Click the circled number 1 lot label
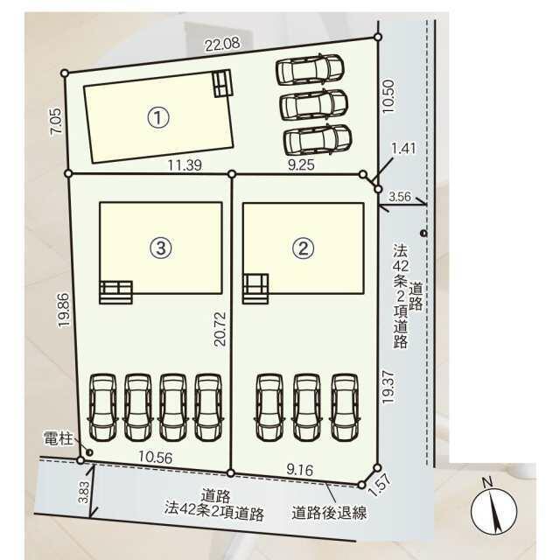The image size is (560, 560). (158, 117)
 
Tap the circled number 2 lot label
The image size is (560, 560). (304, 247)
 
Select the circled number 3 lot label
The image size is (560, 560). (161, 247)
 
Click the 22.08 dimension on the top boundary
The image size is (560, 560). (222, 45)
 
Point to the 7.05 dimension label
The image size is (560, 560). (57, 121)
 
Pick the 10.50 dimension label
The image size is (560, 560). (388, 96)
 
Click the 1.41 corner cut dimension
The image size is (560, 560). (404, 148)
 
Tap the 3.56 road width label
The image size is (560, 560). (400, 196)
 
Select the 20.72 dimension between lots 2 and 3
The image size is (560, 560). (220, 329)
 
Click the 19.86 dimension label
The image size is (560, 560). (65, 310)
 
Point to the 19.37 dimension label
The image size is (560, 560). (388, 387)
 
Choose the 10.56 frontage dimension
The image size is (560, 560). (156, 457)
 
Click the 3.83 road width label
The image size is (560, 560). (83, 492)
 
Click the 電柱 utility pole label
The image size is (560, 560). (59, 437)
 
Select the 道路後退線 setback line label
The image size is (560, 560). (329, 513)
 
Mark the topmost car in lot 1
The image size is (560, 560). (310, 70)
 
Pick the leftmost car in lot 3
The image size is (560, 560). (103, 408)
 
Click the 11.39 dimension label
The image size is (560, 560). (185, 165)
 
